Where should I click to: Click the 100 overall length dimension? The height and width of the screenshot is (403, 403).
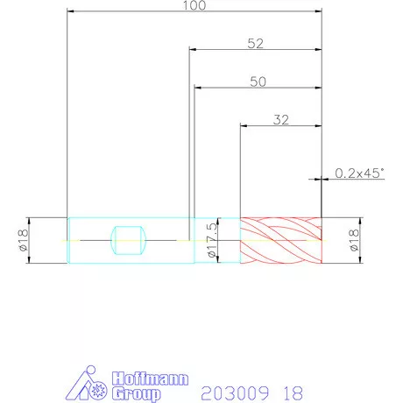tap(194, 5)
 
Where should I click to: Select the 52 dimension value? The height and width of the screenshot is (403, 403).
tap(256, 44)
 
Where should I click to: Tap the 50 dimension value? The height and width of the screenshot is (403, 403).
tap(258, 81)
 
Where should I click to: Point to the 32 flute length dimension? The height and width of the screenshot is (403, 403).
tap(281, 120)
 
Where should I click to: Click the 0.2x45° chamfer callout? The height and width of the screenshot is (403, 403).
tap(359, 173)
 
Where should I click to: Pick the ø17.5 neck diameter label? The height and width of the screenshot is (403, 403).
tap(212, 240)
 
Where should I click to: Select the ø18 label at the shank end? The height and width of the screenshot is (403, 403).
tap(23, 240)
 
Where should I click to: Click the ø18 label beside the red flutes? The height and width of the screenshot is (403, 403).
tap(354, 240)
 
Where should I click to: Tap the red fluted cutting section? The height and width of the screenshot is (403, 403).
tap(281, 240)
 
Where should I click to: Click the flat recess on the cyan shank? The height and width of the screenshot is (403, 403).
tap(129, 240)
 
